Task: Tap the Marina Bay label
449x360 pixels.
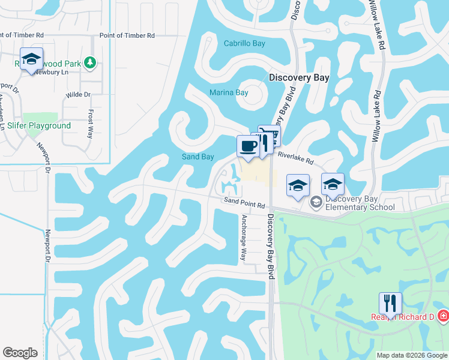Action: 229,92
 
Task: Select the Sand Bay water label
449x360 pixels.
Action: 198,157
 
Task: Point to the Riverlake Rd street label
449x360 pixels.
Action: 296,158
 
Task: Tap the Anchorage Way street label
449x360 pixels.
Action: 244,237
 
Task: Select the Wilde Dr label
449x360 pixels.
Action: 78,95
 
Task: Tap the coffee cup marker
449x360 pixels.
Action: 248,146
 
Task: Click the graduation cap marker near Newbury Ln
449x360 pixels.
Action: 31,59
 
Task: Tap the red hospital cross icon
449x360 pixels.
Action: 443,316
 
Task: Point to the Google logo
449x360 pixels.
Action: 20,353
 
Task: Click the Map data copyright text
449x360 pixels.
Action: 412,355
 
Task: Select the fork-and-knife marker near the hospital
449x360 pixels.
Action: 390,302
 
